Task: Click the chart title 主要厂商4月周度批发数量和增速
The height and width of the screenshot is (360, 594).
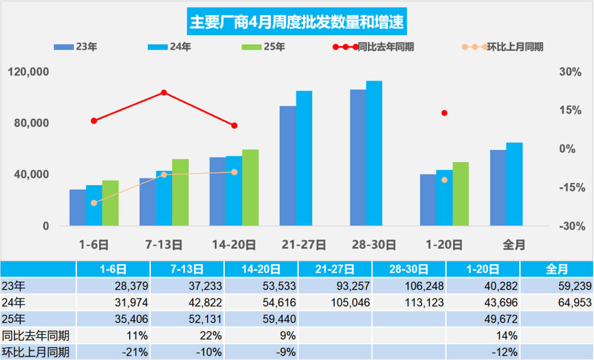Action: tap(297, 21)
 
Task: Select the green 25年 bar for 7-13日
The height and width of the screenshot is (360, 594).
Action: tap(180, 192)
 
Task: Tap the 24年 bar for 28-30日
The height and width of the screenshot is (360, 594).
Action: tap(374, 153)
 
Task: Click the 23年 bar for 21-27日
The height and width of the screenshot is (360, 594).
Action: tap(288, 166)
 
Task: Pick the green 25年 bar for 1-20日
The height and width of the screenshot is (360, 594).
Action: tap(460, 193)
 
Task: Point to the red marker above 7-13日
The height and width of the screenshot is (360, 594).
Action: tap(164, 93)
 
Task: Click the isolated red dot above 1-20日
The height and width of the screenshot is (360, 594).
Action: tap(444, 113)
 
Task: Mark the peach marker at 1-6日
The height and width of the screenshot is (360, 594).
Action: tap(94, 203)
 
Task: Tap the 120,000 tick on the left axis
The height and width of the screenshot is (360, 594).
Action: tap(29, 72)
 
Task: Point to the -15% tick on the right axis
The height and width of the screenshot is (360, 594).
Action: tap(569, 187)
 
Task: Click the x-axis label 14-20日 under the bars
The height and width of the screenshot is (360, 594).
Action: tap(234, 244)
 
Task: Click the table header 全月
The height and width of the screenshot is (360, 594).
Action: tap(556, 269)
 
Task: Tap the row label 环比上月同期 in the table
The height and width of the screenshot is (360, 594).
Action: tap(36, 352)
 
